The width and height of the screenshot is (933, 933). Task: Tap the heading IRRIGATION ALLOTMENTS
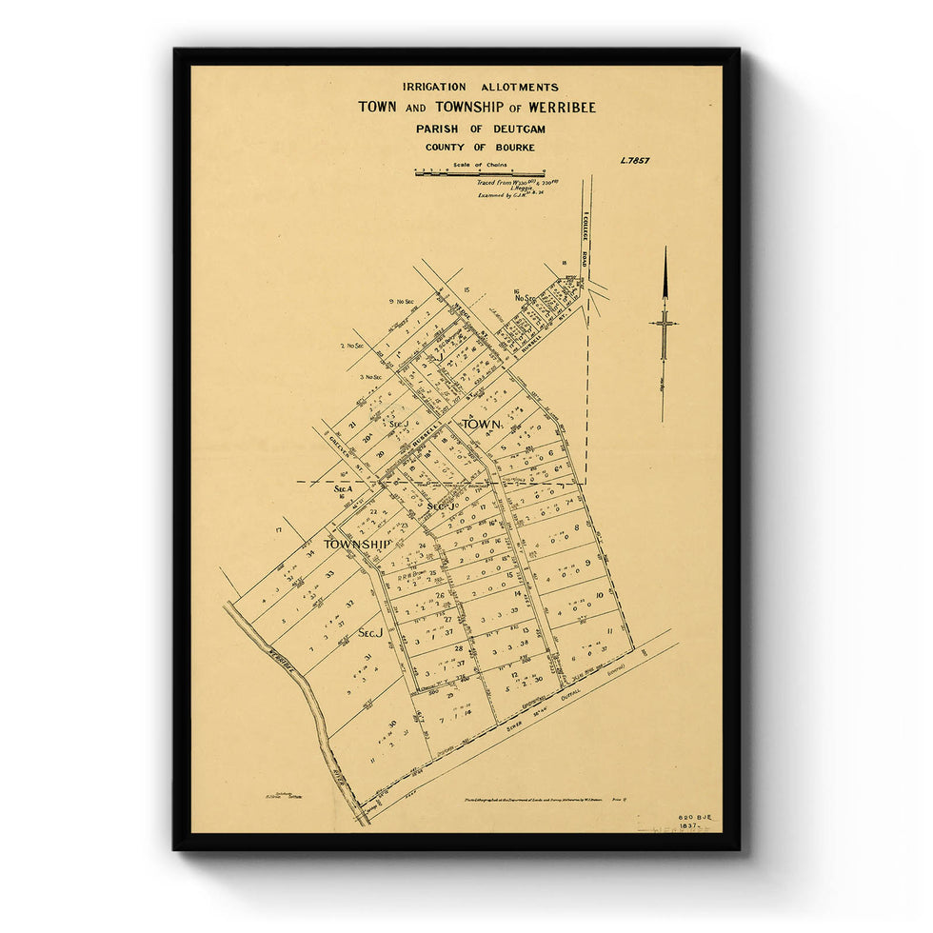480,88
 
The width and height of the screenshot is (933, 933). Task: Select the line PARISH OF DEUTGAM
480,129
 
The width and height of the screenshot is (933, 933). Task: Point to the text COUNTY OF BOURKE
480,148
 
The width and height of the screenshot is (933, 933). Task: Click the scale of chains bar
479,173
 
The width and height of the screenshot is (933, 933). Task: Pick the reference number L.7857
633,162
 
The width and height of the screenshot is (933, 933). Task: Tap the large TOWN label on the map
483,424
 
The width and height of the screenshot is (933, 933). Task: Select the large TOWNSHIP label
357,545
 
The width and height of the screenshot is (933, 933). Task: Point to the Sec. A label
344,488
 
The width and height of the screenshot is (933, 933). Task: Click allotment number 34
309,554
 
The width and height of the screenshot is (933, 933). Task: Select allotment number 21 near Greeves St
351,426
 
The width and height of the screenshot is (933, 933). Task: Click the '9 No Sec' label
403,302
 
